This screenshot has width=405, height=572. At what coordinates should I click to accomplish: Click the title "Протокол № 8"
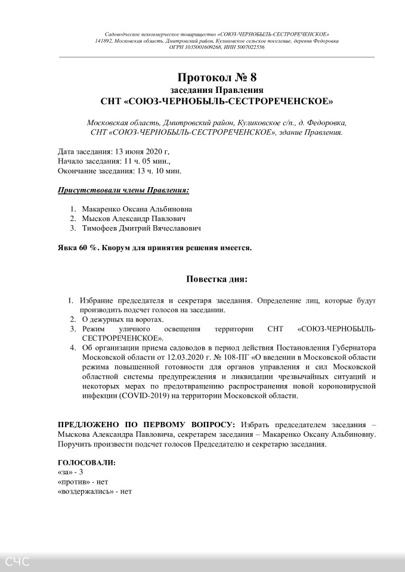[x=217, y=77]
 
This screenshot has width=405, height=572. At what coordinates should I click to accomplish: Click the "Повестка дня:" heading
[x=217, y=279]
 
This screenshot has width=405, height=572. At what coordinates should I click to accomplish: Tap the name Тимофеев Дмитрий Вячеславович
[x=141, y=228]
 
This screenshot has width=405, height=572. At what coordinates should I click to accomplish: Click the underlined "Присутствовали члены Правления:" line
[x=123, y=190]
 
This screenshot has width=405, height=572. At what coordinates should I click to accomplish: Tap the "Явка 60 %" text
[x=78, y=248]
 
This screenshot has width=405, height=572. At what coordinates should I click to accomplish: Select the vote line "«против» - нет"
[x=83, y=482]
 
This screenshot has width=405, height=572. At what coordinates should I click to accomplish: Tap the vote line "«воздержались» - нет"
[x=94, y=492]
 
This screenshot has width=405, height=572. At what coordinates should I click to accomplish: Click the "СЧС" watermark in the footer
[x=17, y=561]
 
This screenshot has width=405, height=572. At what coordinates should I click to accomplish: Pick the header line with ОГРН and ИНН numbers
[x=217, y=46]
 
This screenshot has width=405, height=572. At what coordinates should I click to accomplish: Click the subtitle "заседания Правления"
[x=217, y=89]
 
